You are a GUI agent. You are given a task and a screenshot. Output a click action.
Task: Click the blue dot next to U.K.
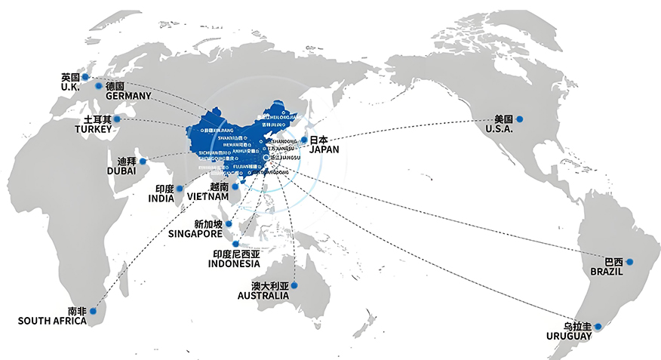click(x=85, y=77)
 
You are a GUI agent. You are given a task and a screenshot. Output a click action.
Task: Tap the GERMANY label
click(x=129, y=97)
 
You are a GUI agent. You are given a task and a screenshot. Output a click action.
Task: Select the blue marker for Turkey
click(x=116, y=119)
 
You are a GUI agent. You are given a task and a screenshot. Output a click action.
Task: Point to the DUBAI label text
click(x=121, y=171)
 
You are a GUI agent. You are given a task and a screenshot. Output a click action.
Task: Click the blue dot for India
click(x=180, y=188)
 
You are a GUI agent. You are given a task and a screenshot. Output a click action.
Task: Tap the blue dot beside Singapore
click(x=229, y=224)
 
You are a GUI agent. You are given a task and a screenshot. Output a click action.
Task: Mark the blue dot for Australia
click(x=294, y=285)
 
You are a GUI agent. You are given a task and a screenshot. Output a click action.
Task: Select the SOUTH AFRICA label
click(x=52, y=321)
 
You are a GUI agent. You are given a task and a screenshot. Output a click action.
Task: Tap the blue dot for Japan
click(x=304, y=140)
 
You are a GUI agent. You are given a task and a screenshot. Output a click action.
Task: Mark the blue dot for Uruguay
click(x=598, y=327)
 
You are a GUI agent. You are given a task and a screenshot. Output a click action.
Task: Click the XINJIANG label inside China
click(x=213, y=130)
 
